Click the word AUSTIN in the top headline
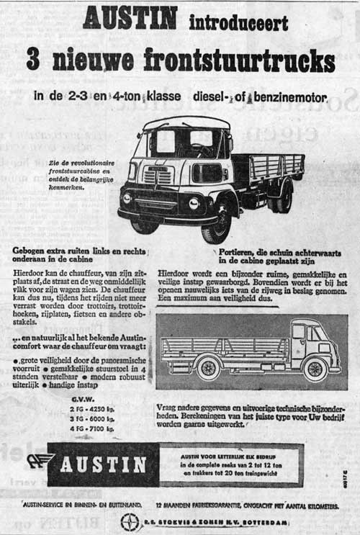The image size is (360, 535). pyautogui.click(x=130, y=17)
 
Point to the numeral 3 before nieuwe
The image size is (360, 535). pyautogui.click(x=32, y=60)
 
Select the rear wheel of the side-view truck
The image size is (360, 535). pyautogui.click(x=208, y=368)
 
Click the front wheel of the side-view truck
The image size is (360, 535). pyautogui.click(x=315, y=368)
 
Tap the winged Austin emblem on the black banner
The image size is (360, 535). pyautogui.click(x=42, y=463)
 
